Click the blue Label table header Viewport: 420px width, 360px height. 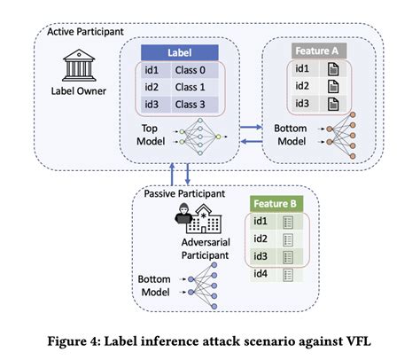click(182, 52)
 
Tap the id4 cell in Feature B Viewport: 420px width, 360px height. click(261, 274)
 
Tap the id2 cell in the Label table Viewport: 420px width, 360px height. click(150, 87)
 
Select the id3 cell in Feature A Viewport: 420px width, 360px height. click(301, 105)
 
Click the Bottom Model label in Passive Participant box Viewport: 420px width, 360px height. click(154, 285)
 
